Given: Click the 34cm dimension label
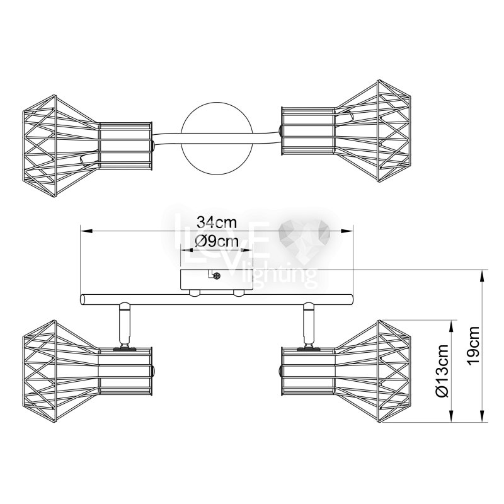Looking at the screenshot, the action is tap(217, 222).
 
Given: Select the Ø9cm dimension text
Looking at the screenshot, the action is tap(217, 241).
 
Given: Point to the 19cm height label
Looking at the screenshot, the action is tap(474, 345).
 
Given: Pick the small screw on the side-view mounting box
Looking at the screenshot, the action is tap(217, 275).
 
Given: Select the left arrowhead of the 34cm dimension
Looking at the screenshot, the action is tap(86, 231).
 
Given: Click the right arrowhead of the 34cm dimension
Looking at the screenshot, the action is tap(346, 231).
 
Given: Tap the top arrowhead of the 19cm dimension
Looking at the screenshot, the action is tap(481, 276).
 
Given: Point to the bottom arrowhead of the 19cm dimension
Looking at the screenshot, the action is tap(481, 415).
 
